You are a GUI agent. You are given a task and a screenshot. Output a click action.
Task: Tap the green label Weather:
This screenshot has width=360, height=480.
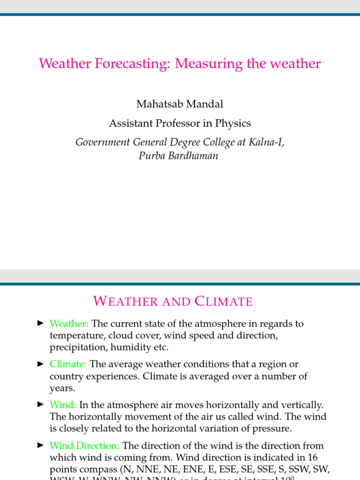click(69, 324)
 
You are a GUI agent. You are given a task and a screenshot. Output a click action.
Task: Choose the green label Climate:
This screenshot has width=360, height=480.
click(68, 364)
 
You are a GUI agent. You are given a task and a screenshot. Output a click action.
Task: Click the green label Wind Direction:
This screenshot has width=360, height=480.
click(84, 446)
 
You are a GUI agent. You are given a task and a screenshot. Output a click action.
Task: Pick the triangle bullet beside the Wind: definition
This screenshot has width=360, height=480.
click(40, 404)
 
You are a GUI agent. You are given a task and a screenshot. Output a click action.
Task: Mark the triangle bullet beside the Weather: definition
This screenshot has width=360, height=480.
click(40, 323)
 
